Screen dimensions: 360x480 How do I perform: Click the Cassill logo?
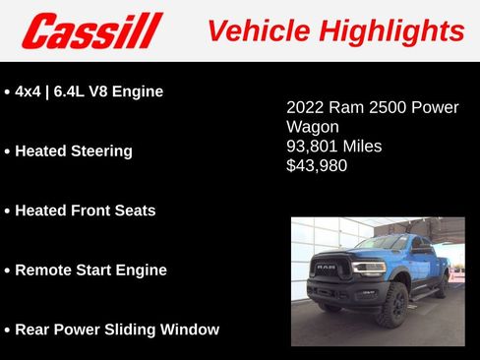point(91,30)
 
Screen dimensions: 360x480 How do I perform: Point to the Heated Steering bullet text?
point(74,151)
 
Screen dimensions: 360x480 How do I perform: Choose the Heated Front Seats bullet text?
point(86,210)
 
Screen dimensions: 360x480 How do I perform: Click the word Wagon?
point(313,127)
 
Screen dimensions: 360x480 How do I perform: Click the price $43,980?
point(317,166)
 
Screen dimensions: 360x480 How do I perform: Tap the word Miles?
point(363,147)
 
